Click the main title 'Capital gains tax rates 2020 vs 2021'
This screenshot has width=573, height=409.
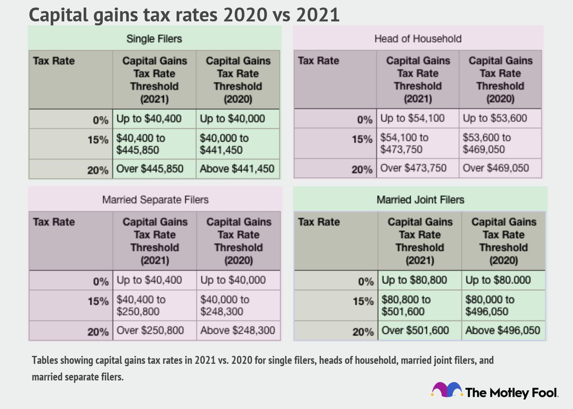[x=184, y=15]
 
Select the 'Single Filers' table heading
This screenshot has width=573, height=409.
[x=154, y=39]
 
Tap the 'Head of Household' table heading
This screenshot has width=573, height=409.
[x=418, y=39]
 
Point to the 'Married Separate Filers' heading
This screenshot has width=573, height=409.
[x=155, y=200]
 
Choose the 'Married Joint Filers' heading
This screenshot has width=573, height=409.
[x=420, y=200]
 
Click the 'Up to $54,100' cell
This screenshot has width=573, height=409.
[x=413, y=118]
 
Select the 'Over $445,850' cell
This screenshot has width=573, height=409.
[x=150, y=169]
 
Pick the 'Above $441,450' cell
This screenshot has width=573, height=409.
[x=237, y=169]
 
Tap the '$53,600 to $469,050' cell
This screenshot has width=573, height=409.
[x=487, y=143]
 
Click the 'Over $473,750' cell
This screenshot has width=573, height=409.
[x=413, y=168]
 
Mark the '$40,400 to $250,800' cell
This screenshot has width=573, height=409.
[x=141, y=306]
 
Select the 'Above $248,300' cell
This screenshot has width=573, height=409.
[x=238, y=330]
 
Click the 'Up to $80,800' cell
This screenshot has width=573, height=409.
[x=414, y=280]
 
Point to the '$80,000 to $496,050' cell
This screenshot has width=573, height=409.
[x=490, y=306]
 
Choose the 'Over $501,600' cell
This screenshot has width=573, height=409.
[x=415, y=331]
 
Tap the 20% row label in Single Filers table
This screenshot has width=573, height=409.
[x=98, y=170]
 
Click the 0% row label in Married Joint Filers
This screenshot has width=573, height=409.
[x=365, y=282]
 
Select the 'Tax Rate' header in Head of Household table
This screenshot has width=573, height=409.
[x=319, y=61]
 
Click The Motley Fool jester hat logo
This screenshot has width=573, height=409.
[x=447, y=390]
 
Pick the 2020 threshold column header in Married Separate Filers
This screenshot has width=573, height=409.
[x=238, y=241]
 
